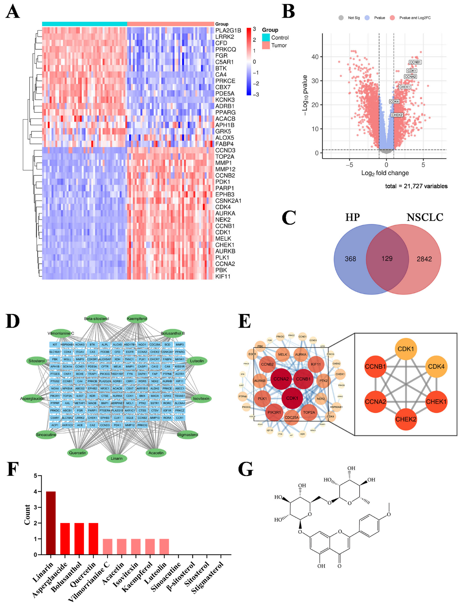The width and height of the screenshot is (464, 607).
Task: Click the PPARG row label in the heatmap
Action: coord(225,112)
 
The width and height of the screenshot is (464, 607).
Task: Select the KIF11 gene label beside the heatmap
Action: coord(223,276)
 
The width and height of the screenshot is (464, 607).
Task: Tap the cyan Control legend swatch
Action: coord(266,38)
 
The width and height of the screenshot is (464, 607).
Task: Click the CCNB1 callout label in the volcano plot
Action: coord(415,62)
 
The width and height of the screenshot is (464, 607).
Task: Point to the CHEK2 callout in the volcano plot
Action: coord(397,115)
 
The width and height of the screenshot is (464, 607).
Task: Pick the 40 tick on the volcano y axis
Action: coord(315,57)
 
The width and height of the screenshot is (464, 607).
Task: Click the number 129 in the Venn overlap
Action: coord(387,259)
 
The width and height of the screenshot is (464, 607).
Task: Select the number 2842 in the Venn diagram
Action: coord(424,259)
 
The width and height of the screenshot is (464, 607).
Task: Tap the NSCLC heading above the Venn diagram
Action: coord(425,217)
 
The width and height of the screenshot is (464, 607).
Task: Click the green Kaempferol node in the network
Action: coord(137,319)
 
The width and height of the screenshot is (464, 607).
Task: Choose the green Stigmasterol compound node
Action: coord(187,435)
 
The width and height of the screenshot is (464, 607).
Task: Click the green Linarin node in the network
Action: coord(117,458)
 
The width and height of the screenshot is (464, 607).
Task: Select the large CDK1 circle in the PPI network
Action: coord(292,398)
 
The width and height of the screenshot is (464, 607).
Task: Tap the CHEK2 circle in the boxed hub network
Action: coord(406,419)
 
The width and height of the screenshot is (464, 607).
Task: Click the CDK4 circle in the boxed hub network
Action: coord(436,367)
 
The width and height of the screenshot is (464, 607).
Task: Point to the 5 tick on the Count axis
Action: coord(36,475)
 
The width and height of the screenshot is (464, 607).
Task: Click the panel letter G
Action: coord(246,470)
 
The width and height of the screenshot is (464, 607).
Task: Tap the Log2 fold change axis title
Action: coord(385,173)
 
